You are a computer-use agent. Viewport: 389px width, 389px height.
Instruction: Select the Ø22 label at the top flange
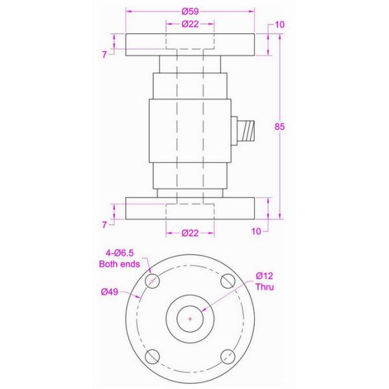189,24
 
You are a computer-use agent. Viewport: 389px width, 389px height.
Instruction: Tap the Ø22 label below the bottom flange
189,233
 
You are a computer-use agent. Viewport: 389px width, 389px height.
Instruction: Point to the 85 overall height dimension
280,127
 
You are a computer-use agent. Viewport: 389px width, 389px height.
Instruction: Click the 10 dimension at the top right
280,25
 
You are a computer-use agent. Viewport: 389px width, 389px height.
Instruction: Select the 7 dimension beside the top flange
104,54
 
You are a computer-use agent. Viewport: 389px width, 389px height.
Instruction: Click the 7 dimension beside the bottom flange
104,224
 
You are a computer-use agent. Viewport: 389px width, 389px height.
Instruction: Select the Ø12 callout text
265,276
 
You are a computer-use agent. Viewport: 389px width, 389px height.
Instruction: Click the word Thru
266,287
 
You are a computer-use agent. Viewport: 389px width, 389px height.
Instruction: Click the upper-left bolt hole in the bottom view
153,281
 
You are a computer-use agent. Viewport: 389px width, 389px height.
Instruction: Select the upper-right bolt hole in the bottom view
227,281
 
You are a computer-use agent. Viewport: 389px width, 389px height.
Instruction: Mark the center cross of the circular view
190,318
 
